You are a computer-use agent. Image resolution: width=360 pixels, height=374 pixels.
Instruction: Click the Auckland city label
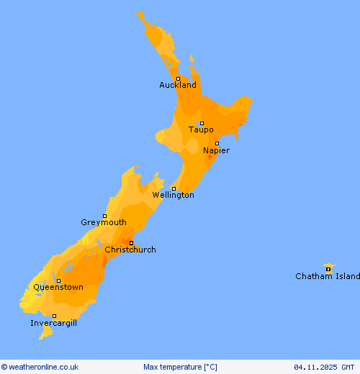[x=178, y=85]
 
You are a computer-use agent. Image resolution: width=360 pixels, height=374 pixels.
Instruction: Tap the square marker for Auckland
[x=178, y=78]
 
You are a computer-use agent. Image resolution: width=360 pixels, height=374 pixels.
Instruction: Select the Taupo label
[x=201, y=129]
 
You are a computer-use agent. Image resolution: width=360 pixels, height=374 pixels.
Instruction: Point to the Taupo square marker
[x=202, y=123]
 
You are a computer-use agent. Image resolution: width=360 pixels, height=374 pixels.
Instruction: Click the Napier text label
[x=216, y=150]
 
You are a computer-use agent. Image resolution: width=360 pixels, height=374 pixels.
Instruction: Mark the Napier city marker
[x=217, y=143]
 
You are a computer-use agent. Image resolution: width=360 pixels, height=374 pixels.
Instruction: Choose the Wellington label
[x=173, y=195]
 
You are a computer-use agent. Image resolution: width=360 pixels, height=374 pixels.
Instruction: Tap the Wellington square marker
[x=174, y=188]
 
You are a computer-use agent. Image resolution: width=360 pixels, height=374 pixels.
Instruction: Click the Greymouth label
[x=104, y=222]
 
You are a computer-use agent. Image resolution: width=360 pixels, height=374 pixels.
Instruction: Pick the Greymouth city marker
[x=104, y=216]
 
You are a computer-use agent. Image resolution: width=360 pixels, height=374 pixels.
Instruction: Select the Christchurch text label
[x=130, y=250]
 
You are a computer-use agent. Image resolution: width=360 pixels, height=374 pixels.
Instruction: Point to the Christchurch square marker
[x=131, y=242]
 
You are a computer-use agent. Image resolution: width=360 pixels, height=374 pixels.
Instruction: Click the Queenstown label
[x=58, y=287]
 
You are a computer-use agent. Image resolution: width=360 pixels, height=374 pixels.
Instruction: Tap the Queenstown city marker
[x=58, y=280]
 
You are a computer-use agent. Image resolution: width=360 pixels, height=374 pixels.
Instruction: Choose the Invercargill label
[x=54, y=323]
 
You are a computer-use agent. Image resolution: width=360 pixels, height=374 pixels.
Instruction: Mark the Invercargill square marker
[x=54, y=316]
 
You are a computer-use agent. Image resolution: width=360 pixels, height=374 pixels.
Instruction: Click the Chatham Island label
[x=328, y=276]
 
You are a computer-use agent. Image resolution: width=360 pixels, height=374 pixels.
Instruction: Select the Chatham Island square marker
[x=328, y=270]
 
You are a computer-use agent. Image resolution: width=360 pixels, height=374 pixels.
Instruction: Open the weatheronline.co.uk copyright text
[x=40, y=367]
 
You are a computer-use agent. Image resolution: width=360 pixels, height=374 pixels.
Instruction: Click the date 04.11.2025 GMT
[x=324, y=367]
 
